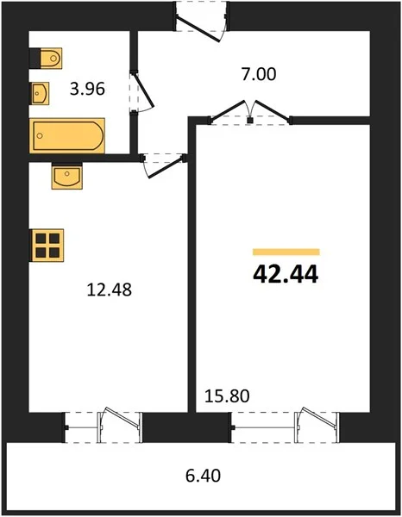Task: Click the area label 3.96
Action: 87,89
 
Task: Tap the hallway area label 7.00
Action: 259,74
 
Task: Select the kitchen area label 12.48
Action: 110,290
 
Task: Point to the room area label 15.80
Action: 227,396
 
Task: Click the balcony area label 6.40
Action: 203,476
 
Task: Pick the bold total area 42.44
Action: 286,274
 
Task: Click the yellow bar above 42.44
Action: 286,252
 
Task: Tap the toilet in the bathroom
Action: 51,59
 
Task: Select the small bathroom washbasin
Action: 41,93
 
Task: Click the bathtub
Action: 67,135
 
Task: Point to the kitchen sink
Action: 67,177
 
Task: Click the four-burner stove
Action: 47,246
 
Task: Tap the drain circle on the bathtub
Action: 40,135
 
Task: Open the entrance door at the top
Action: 198,29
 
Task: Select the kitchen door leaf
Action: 166,169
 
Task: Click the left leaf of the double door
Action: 229,110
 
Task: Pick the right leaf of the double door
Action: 273,110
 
